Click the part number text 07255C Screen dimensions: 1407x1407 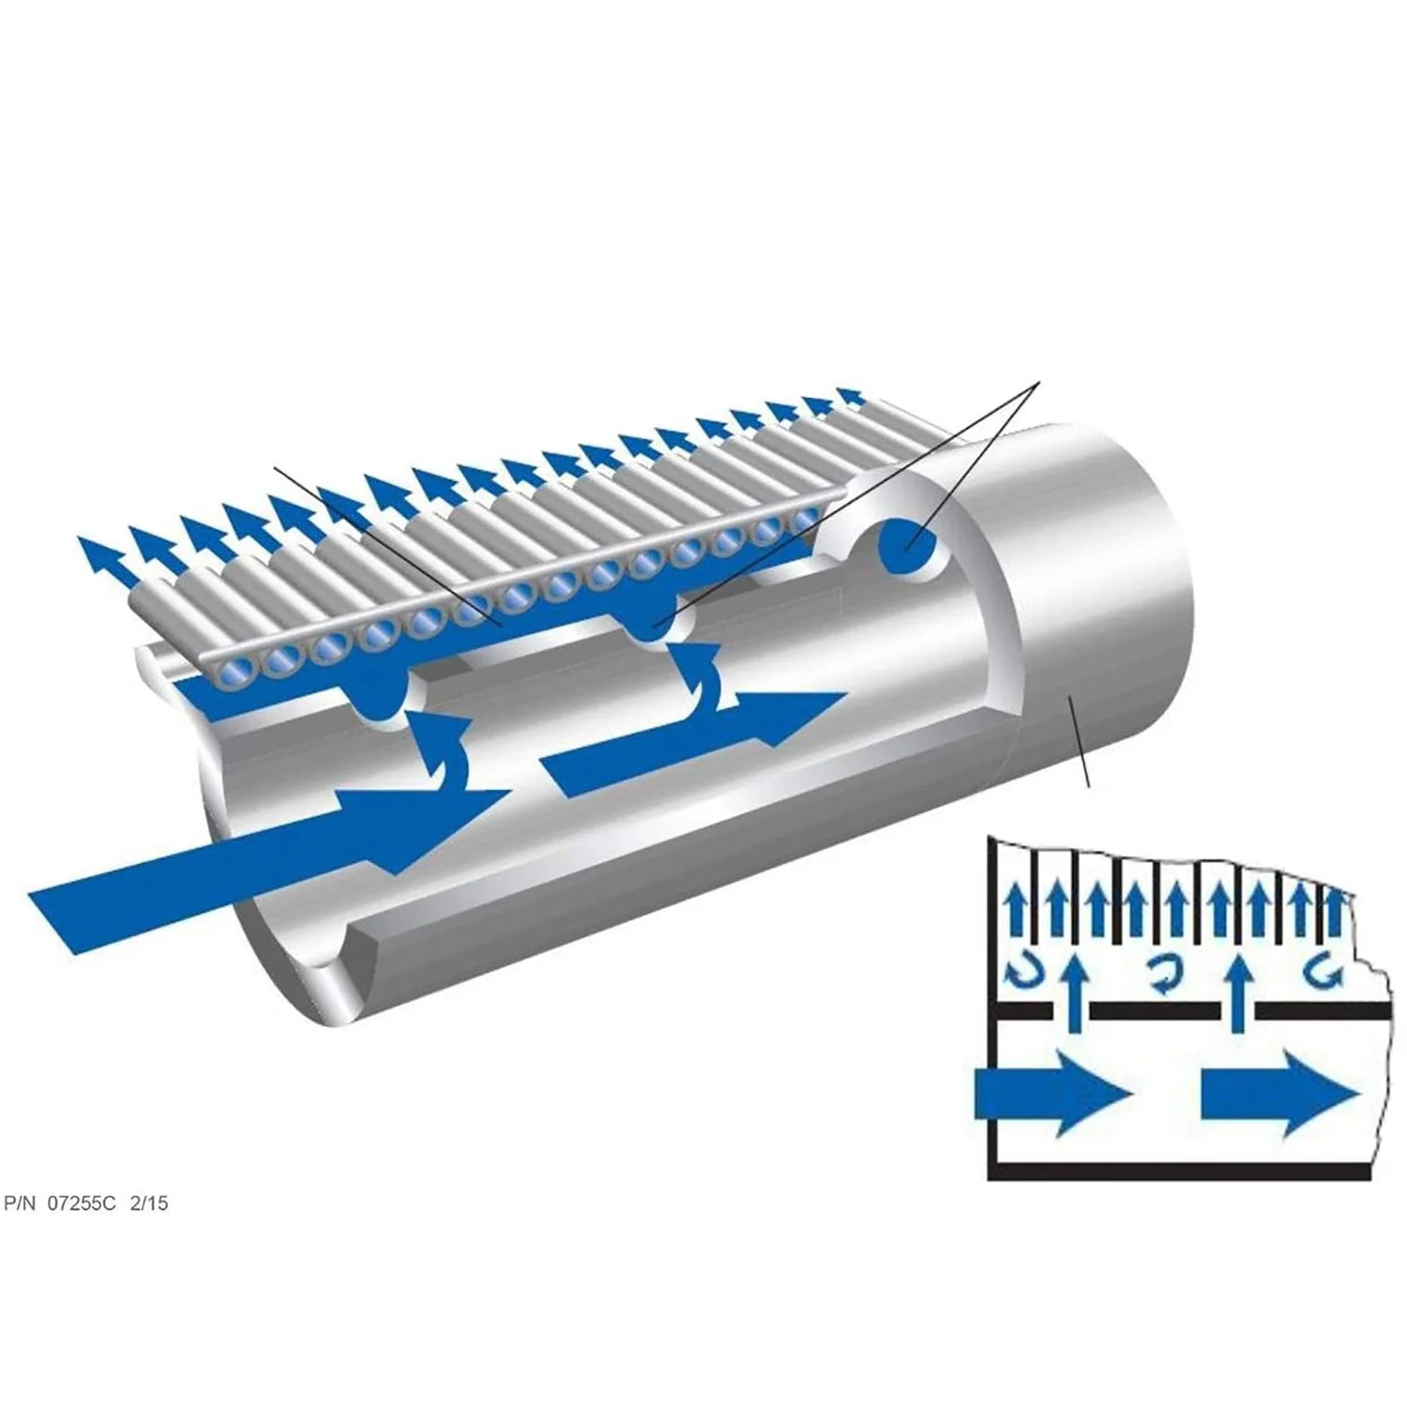pyautogui.click(x=82, y=1203)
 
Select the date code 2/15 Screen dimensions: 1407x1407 pyautogui.click(x=149, y=1203)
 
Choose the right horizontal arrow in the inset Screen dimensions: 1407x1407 pyautogui.click(x=1279, y=1094)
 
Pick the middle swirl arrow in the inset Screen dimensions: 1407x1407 pyautogui.click(x=1163, y=975)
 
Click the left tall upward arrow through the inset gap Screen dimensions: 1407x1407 pyautogui.click(x=1078, y=994)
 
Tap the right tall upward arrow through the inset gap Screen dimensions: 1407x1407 pyautogui.click(x=1242, y=994)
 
